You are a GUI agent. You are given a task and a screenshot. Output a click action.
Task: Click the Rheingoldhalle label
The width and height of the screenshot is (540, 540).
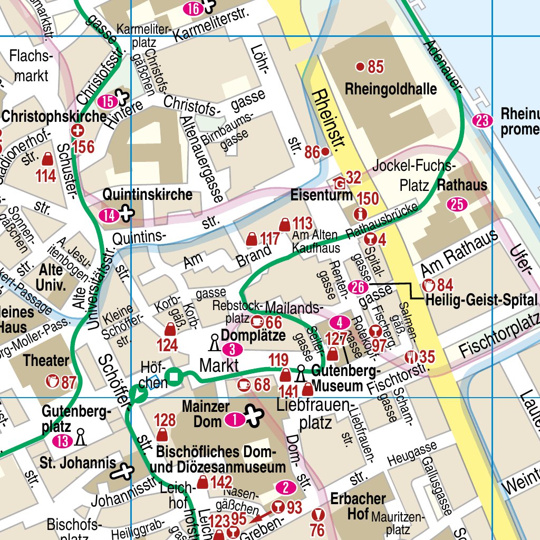coord(391,89)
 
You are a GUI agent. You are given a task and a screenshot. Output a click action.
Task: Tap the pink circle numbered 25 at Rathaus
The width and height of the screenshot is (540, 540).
coord(457,204)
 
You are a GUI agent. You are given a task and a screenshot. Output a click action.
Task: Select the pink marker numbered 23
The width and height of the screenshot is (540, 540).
coord(481,121)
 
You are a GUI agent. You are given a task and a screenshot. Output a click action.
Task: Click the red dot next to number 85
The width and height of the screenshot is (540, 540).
coord(360,66)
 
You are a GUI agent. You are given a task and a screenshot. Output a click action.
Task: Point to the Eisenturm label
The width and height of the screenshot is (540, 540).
coord(321,195)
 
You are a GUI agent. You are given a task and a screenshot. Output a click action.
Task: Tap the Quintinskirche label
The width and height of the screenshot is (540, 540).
coord(147,195)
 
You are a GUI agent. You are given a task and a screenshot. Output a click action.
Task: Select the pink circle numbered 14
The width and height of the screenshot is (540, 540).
coord(109,215)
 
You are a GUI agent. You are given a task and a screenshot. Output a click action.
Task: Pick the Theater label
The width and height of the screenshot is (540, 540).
coord(46,361)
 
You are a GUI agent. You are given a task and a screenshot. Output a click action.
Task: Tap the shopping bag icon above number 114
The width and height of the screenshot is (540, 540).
coord(47,159)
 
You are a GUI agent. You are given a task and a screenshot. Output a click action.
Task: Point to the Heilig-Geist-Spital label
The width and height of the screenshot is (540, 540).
coord(481,301)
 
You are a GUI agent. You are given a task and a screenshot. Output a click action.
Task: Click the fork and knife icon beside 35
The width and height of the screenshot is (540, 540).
coord(411,357)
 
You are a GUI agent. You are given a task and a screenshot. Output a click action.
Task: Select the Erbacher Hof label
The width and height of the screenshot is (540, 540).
coord(358,506)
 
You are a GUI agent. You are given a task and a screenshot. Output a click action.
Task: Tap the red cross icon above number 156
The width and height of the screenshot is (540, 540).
coord(78,130)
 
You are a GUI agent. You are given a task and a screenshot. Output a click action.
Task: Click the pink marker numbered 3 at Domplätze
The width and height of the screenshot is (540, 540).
coord(232,349)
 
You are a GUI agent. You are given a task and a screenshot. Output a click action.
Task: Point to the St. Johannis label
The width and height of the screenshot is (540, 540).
coord(78,463)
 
